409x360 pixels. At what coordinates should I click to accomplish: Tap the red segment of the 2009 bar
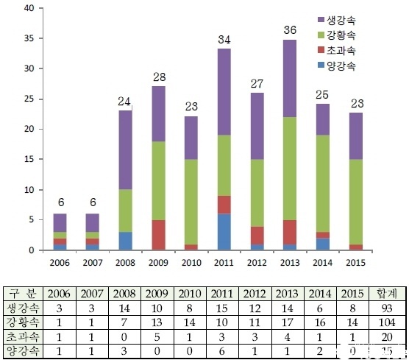[x=157, y=235]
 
